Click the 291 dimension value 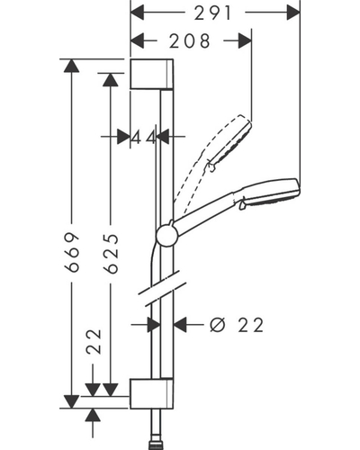pyautogui.click(x=212, y=13)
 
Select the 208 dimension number pyautogui.click(x=190, y=41)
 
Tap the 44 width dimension pyautogui.click(x=144, y=138)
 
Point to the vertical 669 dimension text pyautogui.click(x=72, y=252)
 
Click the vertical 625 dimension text pyautogui.click(x=111, y=254)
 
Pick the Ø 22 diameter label pyautogui.click(x=237, y=325)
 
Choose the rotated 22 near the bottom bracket pyautogui.click(x=94, y=342)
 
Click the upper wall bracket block pyautogui.click(x=151, y=74)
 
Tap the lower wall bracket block pyautogui.click(x=151, y=393)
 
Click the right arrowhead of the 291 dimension pyautogui.click(x=293, y=13)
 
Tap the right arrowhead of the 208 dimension pyautogui.click(x=245, y=41)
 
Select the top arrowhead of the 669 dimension pyautogui.click(x=72, y=66)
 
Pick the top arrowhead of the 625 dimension pyautogui.click(x=111, y=79)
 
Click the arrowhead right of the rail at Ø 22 pyautogui.click(x=180, y=324)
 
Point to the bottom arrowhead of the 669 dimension pyautogui.click(x=72, y=402)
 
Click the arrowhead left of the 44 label pyautogui.click(x=123, y=137)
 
